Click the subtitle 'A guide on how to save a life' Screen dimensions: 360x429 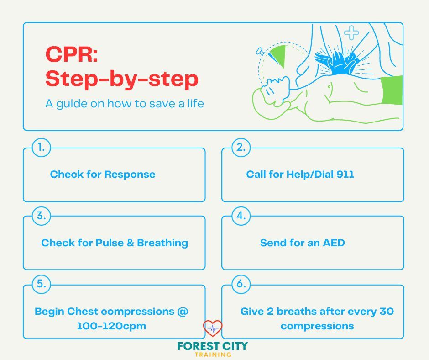[x=125, y=104]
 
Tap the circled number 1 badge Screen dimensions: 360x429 [x=41, y=147]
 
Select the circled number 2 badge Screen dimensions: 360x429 [x=240, y=147]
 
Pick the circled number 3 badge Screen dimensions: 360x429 [x=41, y=216]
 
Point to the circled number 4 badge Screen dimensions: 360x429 [x=240, y=216]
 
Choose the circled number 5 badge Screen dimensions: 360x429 [x=41, y=284]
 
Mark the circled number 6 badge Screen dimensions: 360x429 [x=240, y=284]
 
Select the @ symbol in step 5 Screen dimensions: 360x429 [x=183, y=312]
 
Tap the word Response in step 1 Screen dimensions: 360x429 [x=130, y=174]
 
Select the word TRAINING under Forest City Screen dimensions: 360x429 [x=212, y=355]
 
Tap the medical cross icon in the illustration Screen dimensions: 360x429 [x=351, y=32]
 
